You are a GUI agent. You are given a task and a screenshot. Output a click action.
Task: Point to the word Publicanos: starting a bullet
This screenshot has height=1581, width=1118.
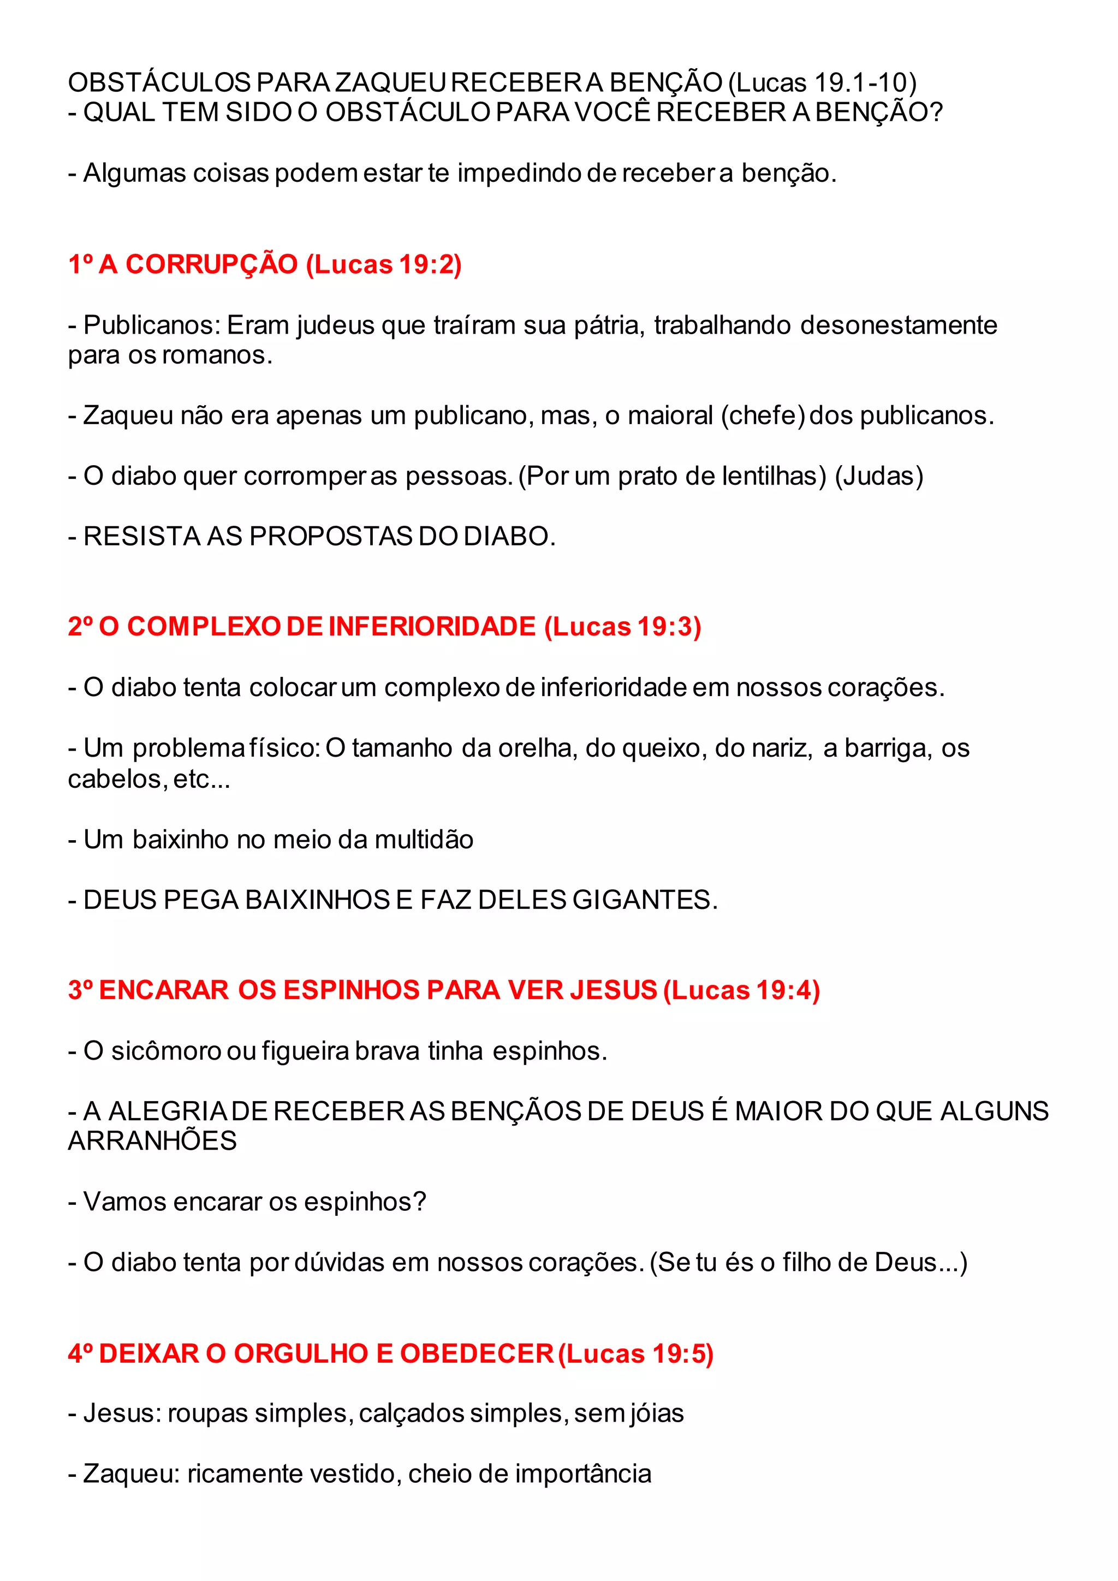tap(152, 325)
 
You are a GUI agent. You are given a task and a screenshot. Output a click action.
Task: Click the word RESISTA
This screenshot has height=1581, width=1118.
tap(142, 537)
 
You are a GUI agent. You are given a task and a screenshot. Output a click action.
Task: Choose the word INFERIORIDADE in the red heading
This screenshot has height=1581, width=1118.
tap(432, 627)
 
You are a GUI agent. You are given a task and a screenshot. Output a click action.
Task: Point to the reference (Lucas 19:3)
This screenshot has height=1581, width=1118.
tap(623, 627)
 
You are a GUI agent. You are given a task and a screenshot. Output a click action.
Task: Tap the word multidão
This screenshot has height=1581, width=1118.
tap(424, 840)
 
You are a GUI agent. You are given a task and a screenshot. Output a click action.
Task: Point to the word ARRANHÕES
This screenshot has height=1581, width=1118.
tap(152, 1142)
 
